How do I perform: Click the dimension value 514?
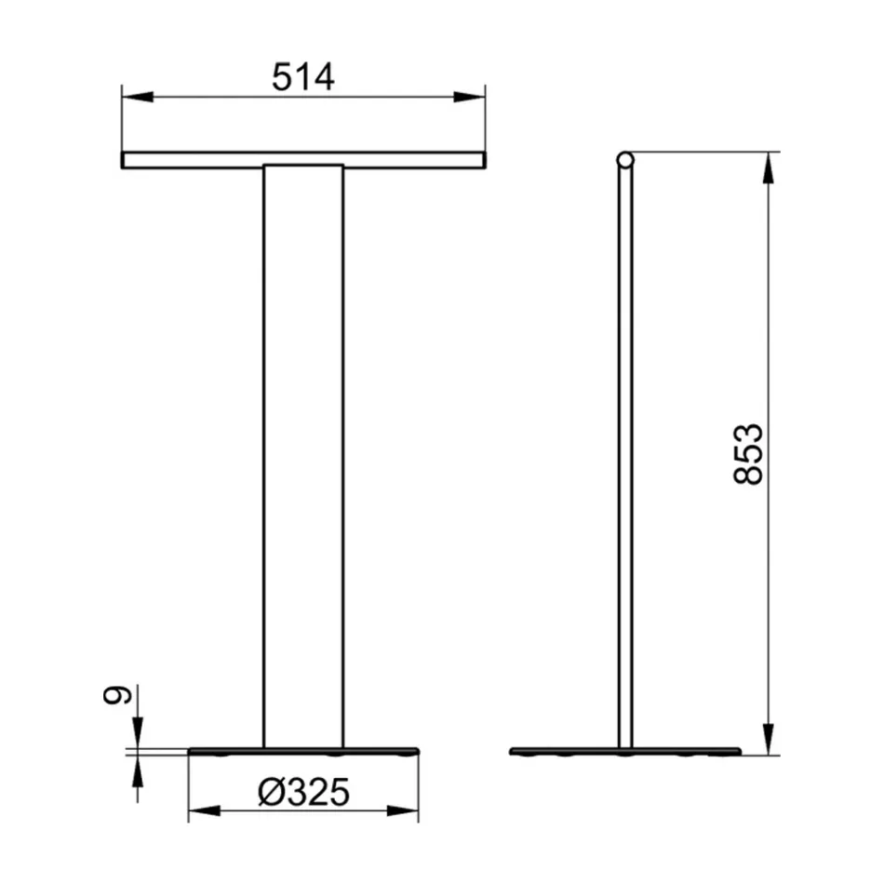point(302,78)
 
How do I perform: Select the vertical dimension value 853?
point(748,453)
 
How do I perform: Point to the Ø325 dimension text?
point(304,793)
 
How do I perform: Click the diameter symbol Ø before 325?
point(271,793)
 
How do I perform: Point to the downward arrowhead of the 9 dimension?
point(138,735)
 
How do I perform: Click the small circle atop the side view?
point(625,160)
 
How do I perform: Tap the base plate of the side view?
point(625,751)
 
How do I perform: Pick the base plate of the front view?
point(303,751)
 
